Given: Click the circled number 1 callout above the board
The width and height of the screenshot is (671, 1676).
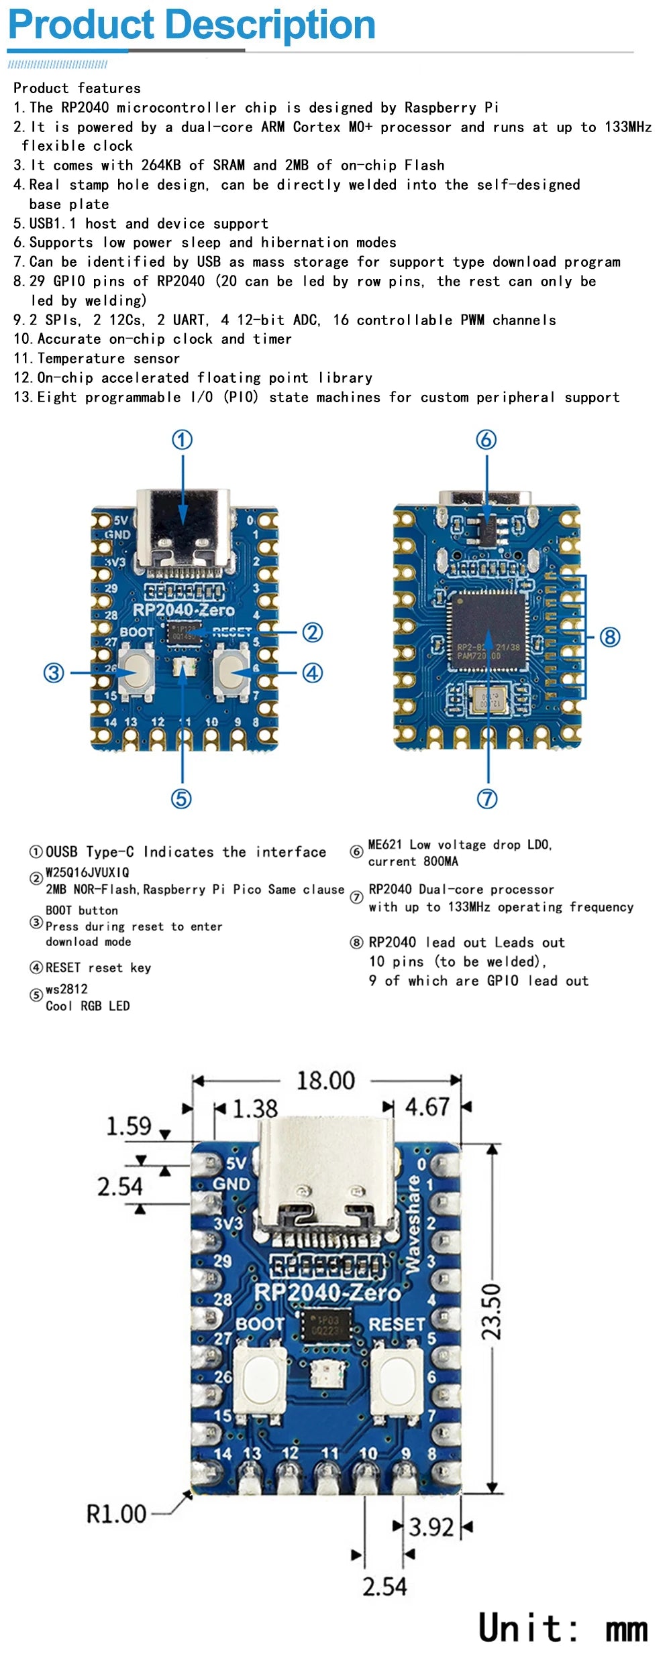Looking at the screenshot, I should (183, 440).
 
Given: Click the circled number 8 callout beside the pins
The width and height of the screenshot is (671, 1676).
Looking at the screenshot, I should (609, 636).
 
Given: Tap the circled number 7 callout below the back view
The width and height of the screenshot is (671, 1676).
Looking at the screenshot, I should (487, 798).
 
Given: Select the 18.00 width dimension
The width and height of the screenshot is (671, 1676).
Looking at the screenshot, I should (325, 1081).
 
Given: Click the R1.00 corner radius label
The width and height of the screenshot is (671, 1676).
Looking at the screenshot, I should (116, 1514).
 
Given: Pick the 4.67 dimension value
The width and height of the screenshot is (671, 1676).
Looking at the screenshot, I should (427, 1106).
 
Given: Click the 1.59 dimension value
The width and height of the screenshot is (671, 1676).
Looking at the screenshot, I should (129, 1126).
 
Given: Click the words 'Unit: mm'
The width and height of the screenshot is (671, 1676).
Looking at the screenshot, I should (562, 1628).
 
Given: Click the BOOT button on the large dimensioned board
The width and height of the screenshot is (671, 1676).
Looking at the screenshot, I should (260, 1379).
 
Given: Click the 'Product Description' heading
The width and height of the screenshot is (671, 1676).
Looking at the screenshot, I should (191, 25).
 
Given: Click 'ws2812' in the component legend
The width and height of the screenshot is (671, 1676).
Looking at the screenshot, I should (66, 989).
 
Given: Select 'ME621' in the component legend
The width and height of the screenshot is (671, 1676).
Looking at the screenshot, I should (386, 845).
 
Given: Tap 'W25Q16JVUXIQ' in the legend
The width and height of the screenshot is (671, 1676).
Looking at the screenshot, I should (87, 872).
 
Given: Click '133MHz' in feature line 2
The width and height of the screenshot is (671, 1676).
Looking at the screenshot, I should (627, 127).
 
